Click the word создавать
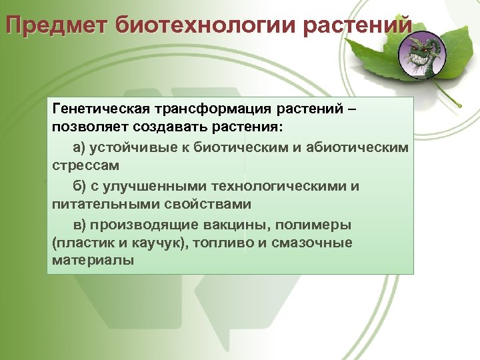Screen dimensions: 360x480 pyautogui.click(x=166, y=127)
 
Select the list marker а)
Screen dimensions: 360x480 pyautogui.click(x=81, y=146)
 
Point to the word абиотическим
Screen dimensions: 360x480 pyautogui.click(x=358, y=146)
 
